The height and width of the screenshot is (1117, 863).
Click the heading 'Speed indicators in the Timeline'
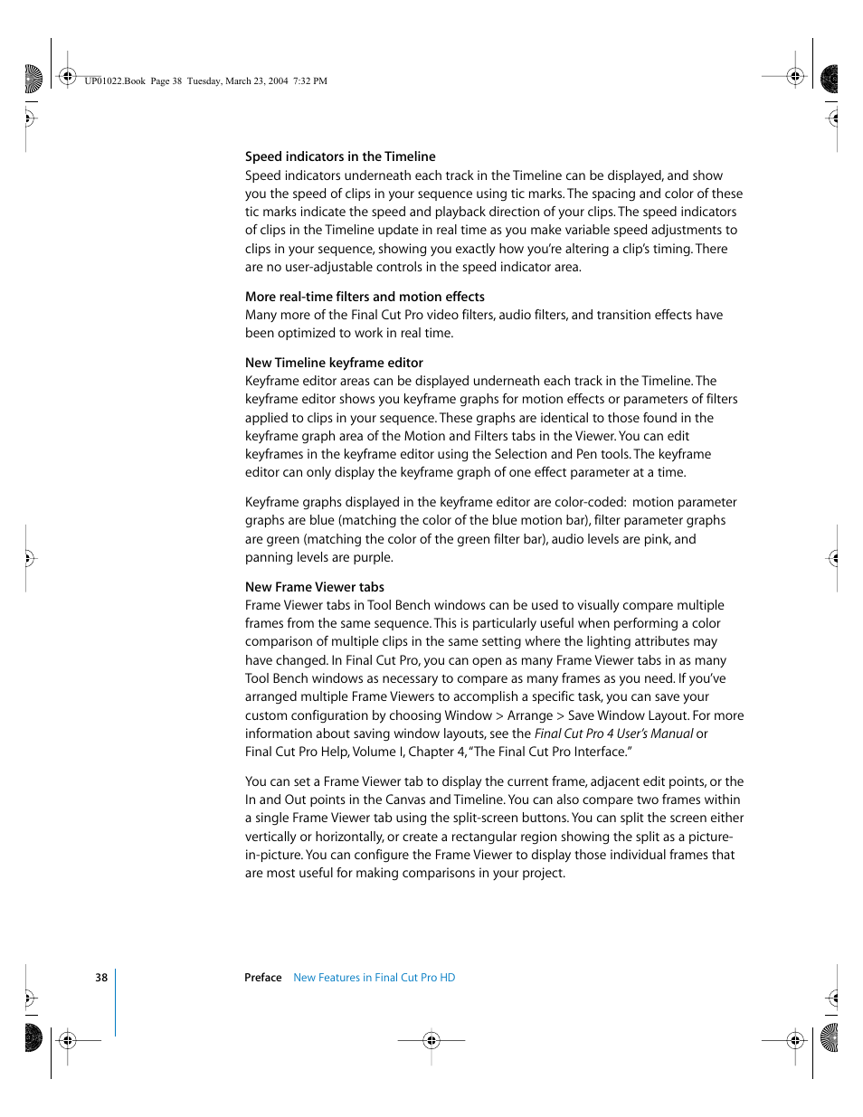(x=340, y=156)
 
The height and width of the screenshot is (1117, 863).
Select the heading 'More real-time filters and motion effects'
(x=365, y=297)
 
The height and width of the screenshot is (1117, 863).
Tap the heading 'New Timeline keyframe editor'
(x=334, y=363)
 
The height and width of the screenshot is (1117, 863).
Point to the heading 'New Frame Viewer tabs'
(x=314, y=587)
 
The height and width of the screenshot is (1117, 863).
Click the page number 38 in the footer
(x=101, y=978)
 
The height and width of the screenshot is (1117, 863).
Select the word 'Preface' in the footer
(x=263, y=978)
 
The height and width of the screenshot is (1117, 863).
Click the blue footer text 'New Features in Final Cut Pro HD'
(x=374, y=978)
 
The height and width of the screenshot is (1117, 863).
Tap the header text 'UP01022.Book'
(x=115, y=81)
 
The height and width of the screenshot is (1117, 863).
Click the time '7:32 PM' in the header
(x=310, y=81)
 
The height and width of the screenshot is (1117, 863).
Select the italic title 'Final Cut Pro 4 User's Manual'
(x=613, y=734)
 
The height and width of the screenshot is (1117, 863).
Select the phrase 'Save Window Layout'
(x=627, y=715)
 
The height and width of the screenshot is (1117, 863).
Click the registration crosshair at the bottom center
(x=431, y=1040)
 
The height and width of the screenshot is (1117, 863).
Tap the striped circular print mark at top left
(x=33, y=80)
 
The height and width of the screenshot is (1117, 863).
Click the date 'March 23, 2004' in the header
(x=257, y=81)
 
